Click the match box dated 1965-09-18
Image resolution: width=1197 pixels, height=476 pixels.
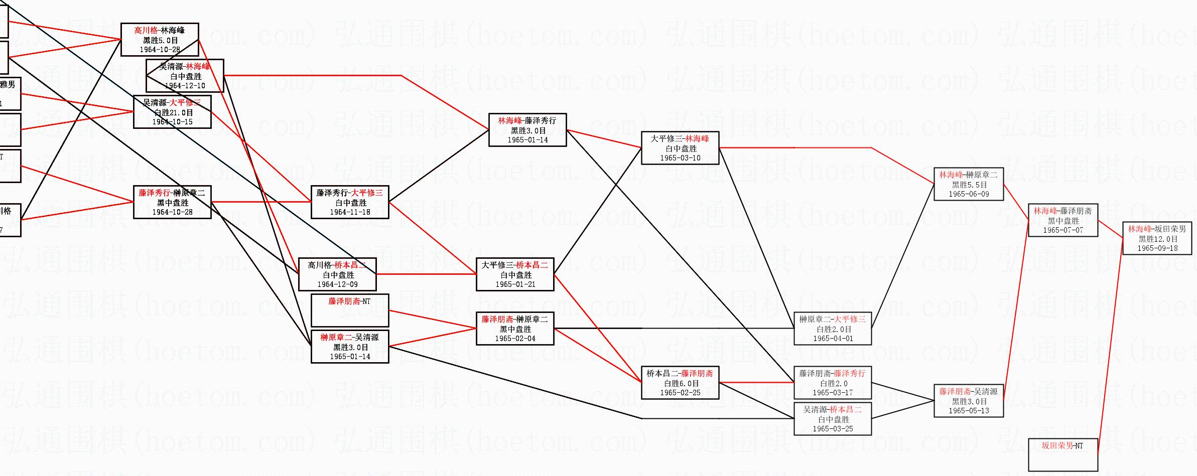point(1157,238)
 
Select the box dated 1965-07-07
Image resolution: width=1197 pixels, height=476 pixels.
point(1063,220)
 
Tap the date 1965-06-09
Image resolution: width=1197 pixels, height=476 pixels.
point(969,194)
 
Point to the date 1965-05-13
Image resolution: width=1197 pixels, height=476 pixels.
point(969,411)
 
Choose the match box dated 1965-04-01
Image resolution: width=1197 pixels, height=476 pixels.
point(833,329)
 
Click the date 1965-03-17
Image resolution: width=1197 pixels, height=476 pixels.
point(833,393)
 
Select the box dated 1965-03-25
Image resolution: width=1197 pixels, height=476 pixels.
point(833,419)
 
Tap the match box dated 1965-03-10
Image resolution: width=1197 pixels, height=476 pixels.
point(680,148)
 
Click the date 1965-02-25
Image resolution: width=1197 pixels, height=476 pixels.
point(680,393)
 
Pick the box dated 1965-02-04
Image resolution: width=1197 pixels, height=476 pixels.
point(515,329)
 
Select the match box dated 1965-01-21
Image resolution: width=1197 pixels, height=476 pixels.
point(515,274)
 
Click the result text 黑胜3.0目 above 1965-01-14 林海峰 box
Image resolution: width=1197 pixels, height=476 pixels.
point(527,130)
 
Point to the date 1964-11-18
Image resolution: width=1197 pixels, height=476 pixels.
point(350,212)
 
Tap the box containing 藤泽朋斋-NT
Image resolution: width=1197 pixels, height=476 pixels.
point(350,310)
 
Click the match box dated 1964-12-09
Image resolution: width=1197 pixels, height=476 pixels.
point(337,274)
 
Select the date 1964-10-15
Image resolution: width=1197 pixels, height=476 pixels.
point(172,122)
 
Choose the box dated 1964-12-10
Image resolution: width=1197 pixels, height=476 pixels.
point(185,76)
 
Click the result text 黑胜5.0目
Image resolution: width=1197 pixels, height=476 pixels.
point(160,40)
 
